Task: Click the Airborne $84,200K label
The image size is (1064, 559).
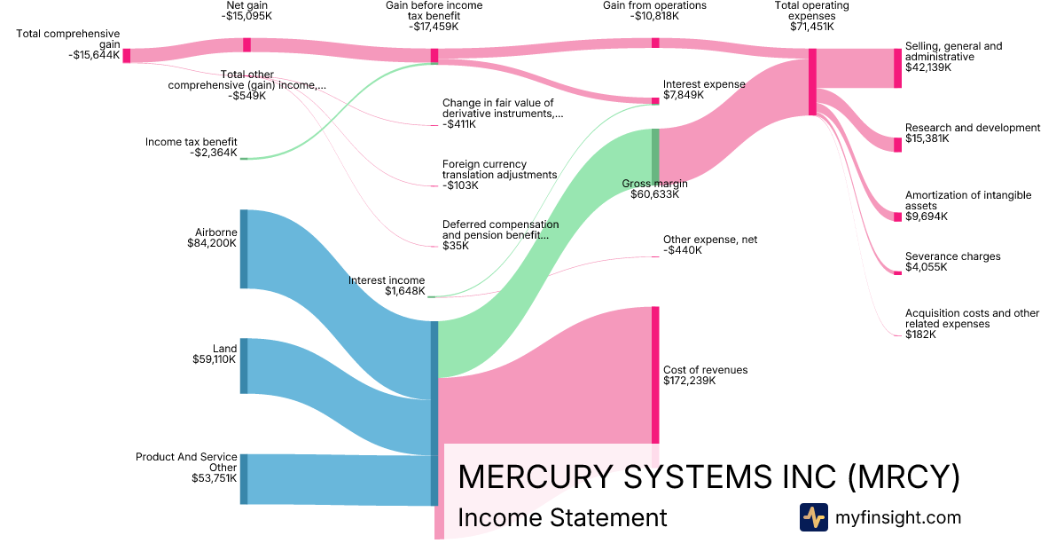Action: tap(212, 237)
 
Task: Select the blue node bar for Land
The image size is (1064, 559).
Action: tap(244, 366)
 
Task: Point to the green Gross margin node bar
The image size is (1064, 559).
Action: tap(656, 155)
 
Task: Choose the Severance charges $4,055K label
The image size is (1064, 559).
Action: tap(952, 262)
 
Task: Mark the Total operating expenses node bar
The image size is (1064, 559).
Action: tap(812, 82)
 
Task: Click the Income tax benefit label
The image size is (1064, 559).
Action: tap(192, 147)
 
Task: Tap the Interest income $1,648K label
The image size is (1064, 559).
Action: tap(387, 286)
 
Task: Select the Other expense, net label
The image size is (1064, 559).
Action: tap(710, 245)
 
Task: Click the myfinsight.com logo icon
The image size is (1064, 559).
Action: tap(813, 517)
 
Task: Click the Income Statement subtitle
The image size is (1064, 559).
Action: tap(562, 517)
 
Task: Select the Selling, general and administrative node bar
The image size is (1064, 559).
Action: tap(897, 68)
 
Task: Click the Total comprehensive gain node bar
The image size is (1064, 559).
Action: tap(127, 56)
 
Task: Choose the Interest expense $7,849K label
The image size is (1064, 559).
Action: tap(704, 90)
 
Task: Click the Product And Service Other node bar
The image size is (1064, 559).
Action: tap(244, 478)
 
